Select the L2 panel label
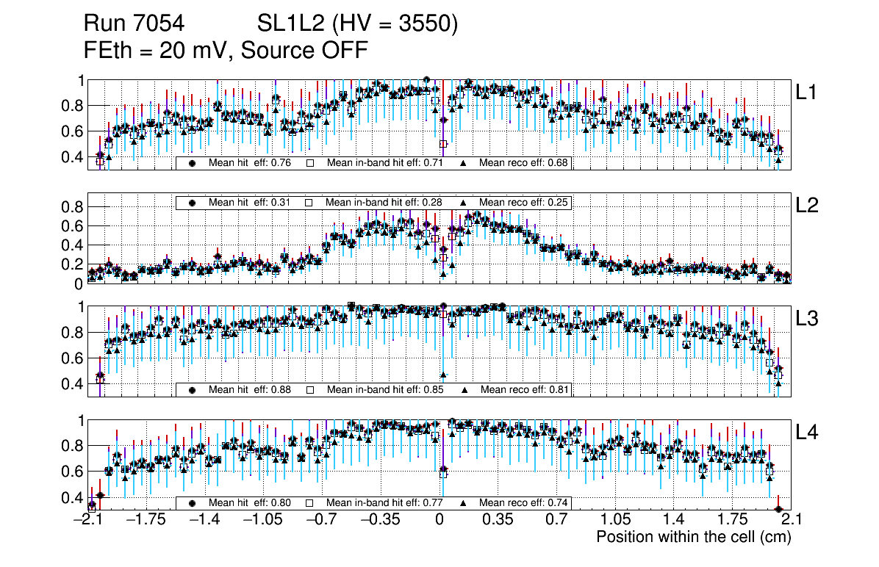tap(808, 206)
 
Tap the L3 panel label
tap(808, 319)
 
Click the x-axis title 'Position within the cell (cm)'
tap(693, 537)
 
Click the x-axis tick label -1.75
tap(146, 520)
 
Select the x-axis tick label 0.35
tap(498, 520)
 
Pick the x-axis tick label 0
tap(439, 520)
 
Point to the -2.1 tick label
tap(87, 520)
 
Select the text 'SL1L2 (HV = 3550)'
tap(358, 24)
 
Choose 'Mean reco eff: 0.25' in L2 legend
tap(524, 203)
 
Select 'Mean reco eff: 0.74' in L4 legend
tap(524, 503)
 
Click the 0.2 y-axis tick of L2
tap(72, 264)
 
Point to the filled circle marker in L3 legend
tap(192, 389)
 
